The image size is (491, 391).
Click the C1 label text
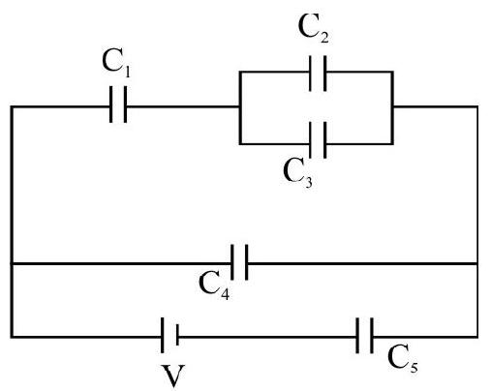coord(116,64)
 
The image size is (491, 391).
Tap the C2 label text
coord(313,29)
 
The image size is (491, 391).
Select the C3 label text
coord(297,173)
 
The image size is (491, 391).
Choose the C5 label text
coord(402,359)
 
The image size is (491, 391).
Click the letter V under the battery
coord(173,376)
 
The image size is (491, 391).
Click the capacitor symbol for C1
coord(118,105)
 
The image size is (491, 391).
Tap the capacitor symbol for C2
coord(318,74)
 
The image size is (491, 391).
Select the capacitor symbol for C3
coord(318,140)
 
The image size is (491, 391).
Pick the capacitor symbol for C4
coord(239,262)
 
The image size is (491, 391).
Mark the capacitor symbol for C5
coord(365,336)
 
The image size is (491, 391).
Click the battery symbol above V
coord(169,336)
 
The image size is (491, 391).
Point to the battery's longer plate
coord(162,336)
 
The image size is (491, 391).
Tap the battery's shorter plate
coord(177,336)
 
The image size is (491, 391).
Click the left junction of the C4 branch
coord(12,264)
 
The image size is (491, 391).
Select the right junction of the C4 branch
coord(476,264)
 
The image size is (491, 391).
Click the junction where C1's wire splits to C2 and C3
coord(240,106)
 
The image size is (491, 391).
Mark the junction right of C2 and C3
coord(392,106)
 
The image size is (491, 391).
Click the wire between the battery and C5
coord(267,337)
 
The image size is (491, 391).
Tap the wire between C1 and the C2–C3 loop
coord(182,106)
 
